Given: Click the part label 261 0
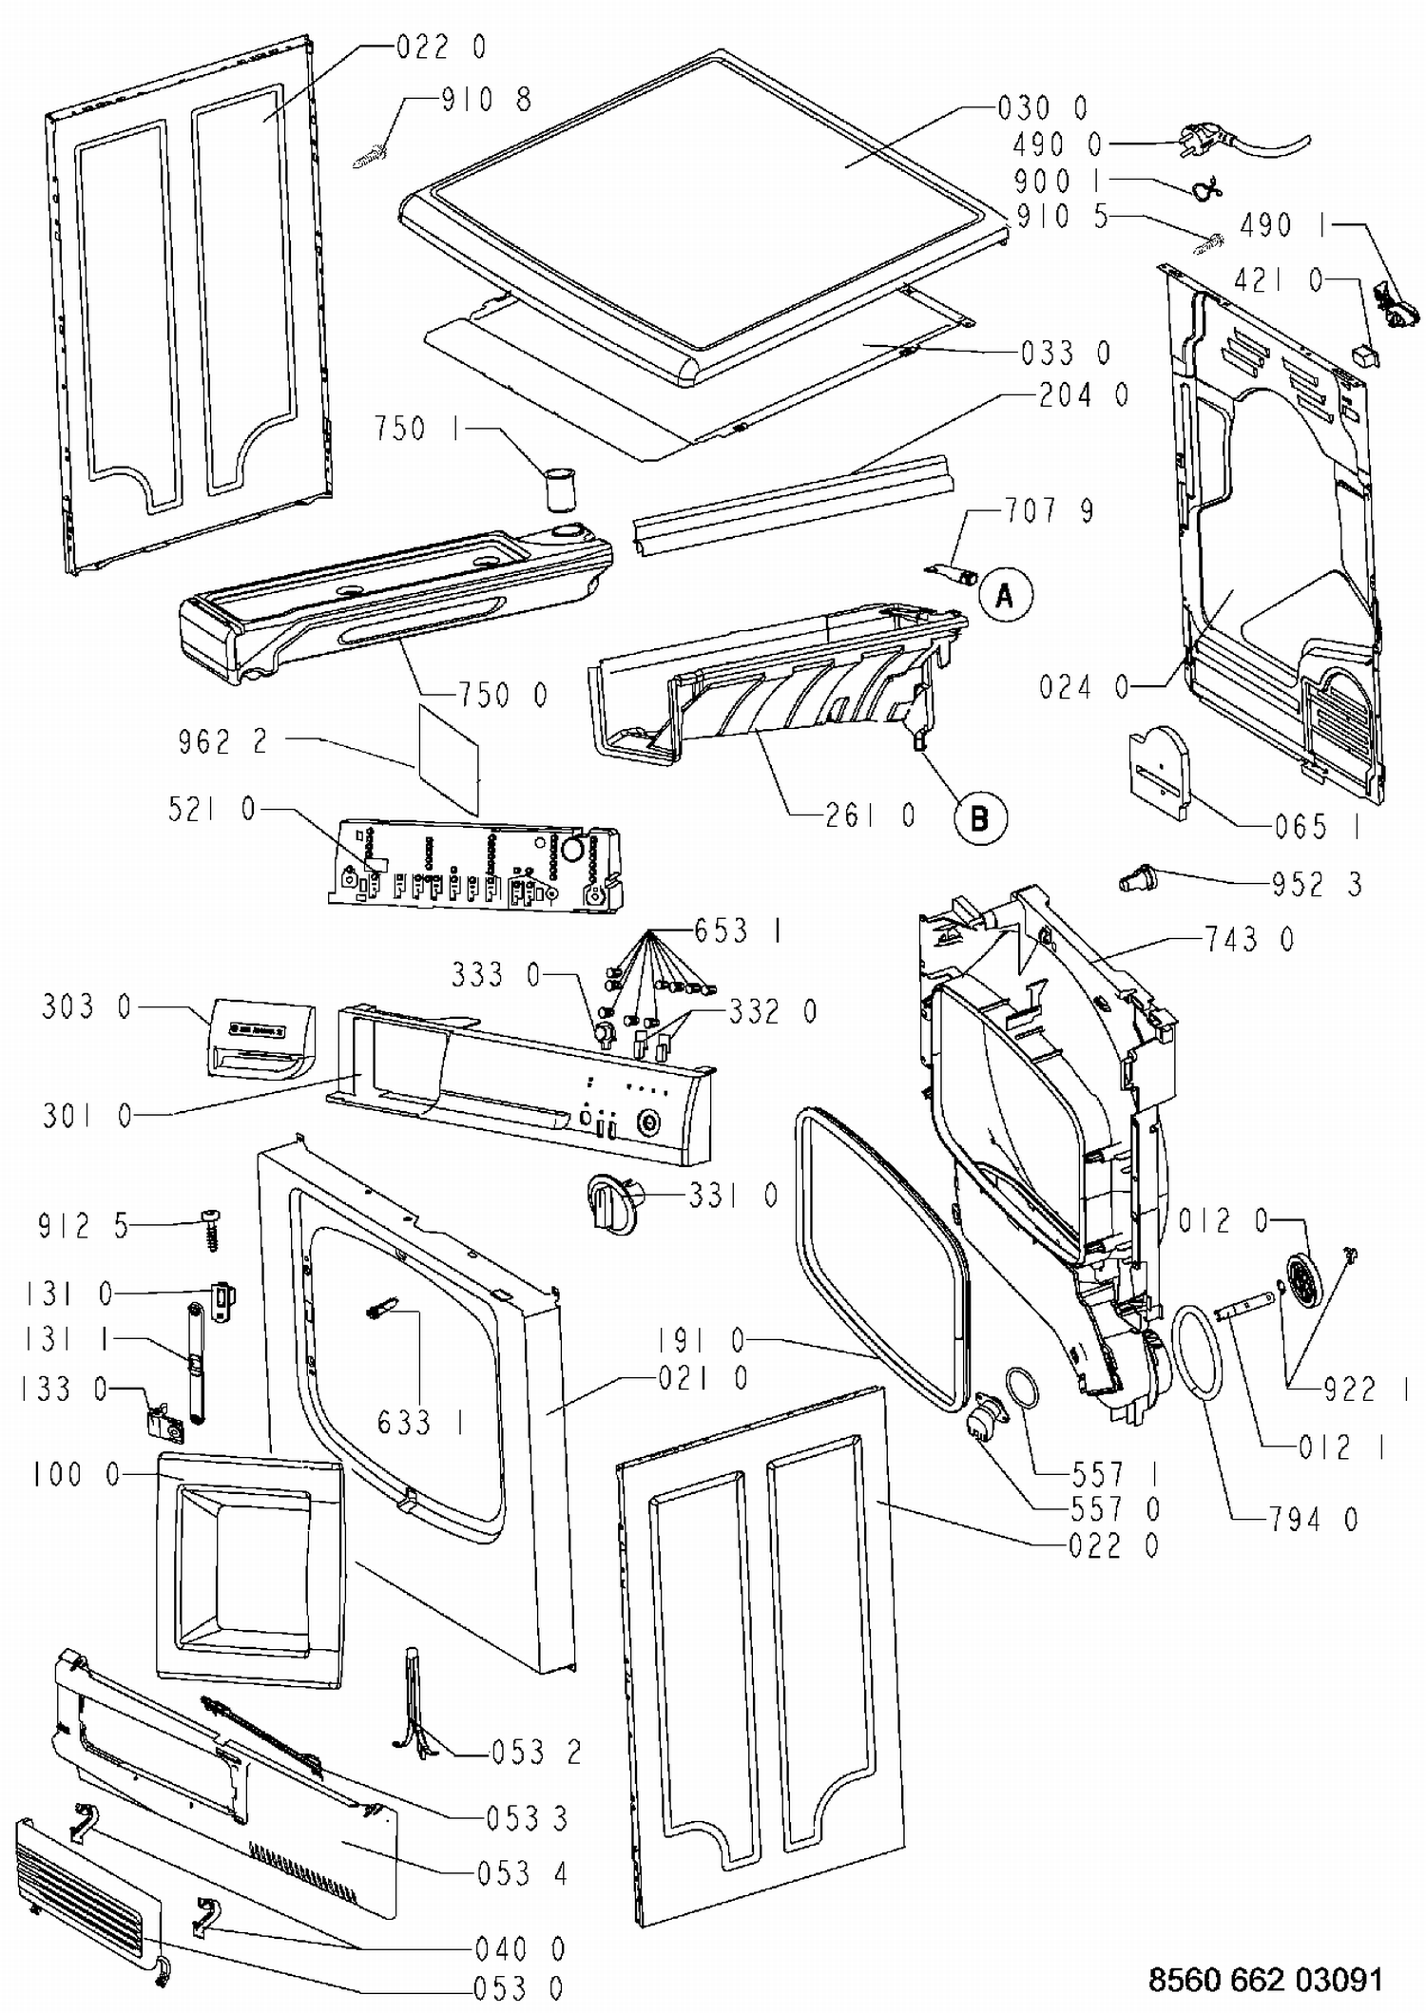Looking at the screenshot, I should pyautogui.click(x=870, y=815).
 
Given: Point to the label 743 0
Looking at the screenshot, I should pyautogui.click(x=1249, y=940).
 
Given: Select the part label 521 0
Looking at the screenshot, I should pyautogui.click(x=212, y=810).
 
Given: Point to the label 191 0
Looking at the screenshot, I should pyautogui.click(x=702, y=1340).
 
